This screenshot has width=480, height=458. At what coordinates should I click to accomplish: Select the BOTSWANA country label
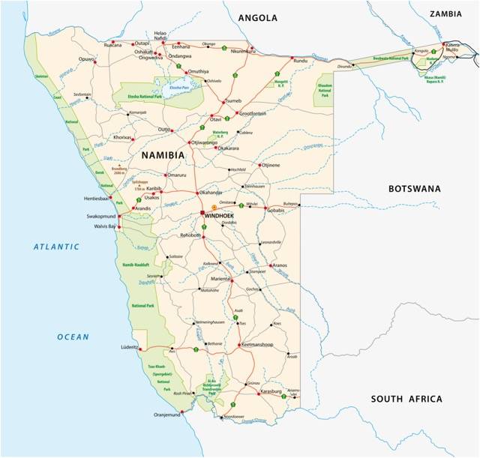(414, 189)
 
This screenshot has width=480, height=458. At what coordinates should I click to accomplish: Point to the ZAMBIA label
(451, 13)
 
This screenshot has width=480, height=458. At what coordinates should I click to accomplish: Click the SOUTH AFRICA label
(406, 400)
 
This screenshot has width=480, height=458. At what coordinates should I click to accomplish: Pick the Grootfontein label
(252, 113)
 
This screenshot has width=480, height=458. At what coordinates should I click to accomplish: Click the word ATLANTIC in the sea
(55, 247)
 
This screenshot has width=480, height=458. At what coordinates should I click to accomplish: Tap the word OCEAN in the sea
(73, 337)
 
